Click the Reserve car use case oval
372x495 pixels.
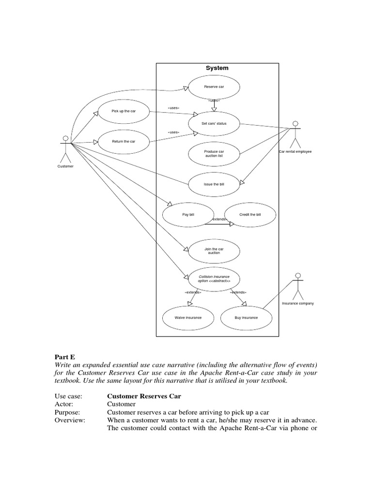pos(214,87)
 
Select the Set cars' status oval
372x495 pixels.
pos(214,123)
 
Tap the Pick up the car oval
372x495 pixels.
pos(124,111)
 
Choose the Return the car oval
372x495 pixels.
pos(124,142)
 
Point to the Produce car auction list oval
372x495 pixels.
pos(214,154)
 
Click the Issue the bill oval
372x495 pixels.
pos(214,184)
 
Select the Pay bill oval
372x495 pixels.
pos(188,215)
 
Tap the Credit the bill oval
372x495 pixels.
pos(250,215)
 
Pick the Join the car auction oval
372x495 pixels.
pos(214,250)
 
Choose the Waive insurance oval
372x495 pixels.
pos(188,318)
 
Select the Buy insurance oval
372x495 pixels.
pos(246,318)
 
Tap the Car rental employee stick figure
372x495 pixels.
pos(295,135)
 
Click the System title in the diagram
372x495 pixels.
pos(217,68)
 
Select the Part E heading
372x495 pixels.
pos(65,357)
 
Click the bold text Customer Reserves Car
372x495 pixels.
pos(144,396)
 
